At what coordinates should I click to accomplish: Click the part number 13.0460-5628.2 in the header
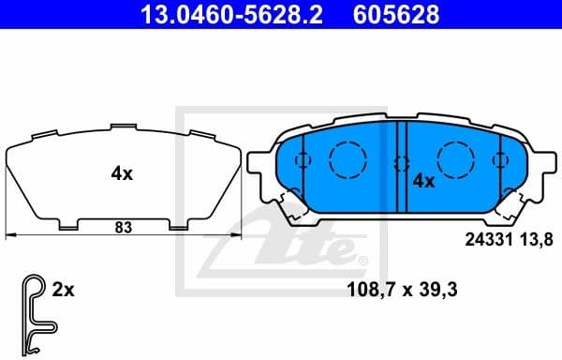[222, 14]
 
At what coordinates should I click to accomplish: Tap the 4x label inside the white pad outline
[123, 172]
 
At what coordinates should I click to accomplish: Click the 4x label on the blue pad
[424, 181]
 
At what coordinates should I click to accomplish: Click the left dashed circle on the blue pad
[348, 156]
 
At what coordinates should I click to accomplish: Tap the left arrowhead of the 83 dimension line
[9, 233]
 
